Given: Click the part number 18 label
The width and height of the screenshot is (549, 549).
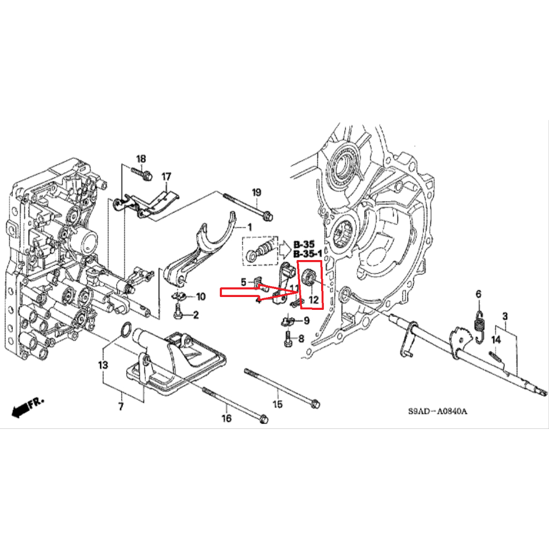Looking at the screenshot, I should [x=140, y=159].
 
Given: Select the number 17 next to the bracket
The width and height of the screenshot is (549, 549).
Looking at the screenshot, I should [x=166, y=176].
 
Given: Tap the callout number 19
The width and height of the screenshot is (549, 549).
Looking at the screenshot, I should [x=256, y=193].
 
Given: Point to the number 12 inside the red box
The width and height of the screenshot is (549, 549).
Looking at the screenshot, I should [x=313, y=301].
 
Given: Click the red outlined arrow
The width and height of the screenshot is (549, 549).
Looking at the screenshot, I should [x=252, y=292].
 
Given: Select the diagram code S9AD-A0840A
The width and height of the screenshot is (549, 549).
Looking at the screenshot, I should [x=437, y=412].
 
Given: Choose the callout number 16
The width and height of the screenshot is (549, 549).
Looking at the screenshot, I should [x=227, y=418].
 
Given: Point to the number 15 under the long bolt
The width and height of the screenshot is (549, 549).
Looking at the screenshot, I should [x=277, y=404].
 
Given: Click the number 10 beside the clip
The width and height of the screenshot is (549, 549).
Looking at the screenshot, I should [x=201, y=296].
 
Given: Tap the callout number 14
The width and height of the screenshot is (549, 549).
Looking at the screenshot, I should [x=496, y=339].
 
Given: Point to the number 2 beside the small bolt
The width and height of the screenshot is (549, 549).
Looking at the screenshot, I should [x=196, y=315].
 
